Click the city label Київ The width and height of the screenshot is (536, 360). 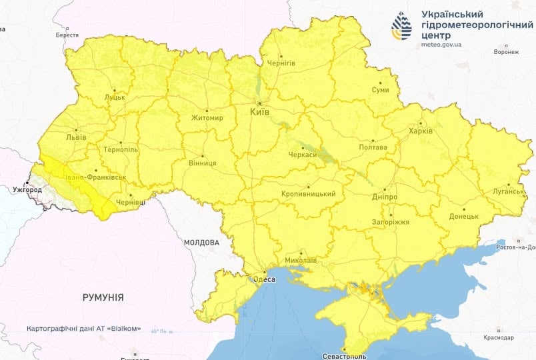(x=259, y=113)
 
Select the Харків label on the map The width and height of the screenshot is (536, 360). (x=420, y=131)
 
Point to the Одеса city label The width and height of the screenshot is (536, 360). (x=263, y=280)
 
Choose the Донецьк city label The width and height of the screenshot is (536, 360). (x=463, y=217)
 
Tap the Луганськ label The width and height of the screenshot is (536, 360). (x=509, y=191)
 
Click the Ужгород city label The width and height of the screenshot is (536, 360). (x=27, y=190)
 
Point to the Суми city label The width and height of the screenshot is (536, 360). (x=381, y=89)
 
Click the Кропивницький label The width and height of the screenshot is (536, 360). (x=309, y=194)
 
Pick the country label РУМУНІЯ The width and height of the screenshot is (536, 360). (x=103, y=297)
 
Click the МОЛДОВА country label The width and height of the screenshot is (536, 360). (x=201, y=242)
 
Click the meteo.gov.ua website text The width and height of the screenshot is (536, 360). (x=441, y=45)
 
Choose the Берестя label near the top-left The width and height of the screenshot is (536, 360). (x=67, y=35)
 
